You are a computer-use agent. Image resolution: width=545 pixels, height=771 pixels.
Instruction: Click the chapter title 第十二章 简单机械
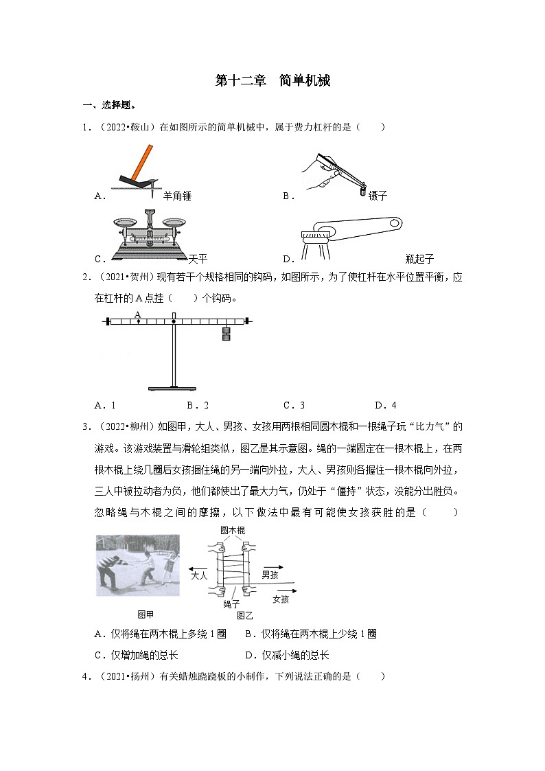pyautogui.click(x=272, y=81)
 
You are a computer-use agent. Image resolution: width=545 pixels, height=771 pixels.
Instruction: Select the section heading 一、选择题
pyautogui.click(x=109, y=105)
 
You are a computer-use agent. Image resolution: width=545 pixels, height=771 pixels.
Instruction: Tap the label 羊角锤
pyautogui.click(x=177, y=196)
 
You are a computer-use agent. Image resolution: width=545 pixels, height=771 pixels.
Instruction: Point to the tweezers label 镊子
pyautogui.click(x=378, y=196)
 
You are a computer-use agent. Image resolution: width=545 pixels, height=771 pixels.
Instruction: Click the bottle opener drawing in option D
pyautogui.click(x=350, y=233)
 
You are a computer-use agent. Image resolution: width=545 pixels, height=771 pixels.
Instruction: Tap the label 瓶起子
pyautogui.click(x=419, y=260)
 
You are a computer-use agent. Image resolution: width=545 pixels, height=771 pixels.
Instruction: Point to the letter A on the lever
pyautogui.click(x=137, y=314)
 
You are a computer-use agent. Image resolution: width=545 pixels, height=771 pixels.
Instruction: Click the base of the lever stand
pyautogui.click(x=174, y=389)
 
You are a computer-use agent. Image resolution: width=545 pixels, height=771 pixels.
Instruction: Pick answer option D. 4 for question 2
pyautogui.click(x=385, y=405)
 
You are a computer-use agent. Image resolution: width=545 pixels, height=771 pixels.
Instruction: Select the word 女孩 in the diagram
pyautogui.click(x=281, y=599)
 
